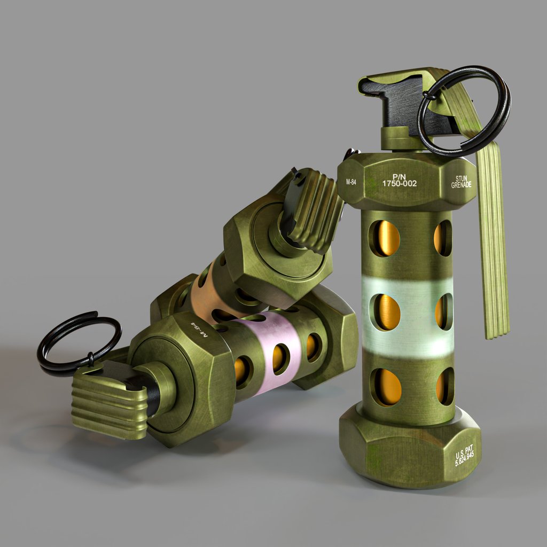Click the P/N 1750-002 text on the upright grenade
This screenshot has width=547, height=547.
399,179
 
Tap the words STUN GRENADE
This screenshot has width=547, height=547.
462,182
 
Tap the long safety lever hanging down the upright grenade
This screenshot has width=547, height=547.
491,240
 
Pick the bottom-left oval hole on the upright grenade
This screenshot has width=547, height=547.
386,386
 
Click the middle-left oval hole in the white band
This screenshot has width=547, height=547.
386,312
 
